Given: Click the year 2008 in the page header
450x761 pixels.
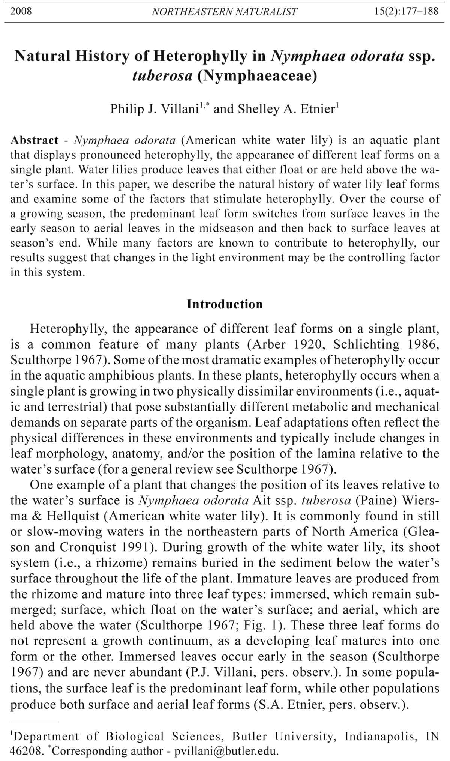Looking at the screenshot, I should click(x=21, y=11).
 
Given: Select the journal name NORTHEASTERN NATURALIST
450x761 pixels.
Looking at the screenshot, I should click(x=225, y=12).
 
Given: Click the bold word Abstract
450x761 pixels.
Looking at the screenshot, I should click(x=34, y=140).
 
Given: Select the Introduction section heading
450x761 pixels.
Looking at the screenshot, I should click(x=225, y=304).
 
